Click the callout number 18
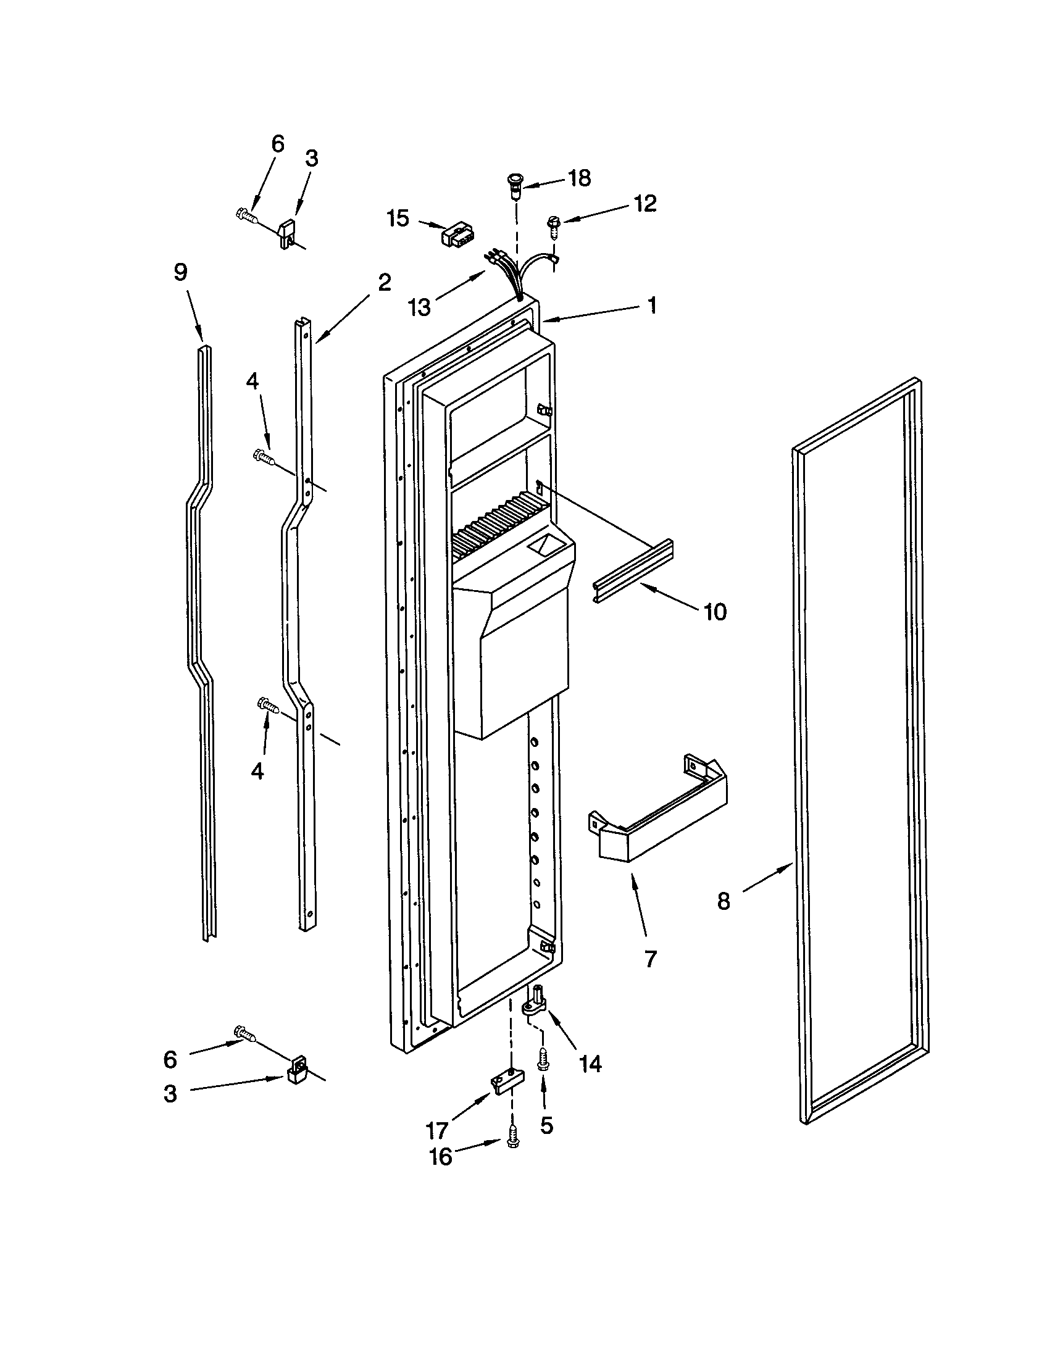click(x=579, y=178)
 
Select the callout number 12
click(x=644, y=203)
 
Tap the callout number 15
click(x=398, y=219)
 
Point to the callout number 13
click(x=420, y=307)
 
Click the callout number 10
click(x=715, y=612)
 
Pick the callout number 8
click(x=724, y=901)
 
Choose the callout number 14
click(x=590, y=1064)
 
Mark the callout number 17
click(x=438, y=1130)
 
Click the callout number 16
click(x=441, y=1157)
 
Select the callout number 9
click(x=180, y=272)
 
